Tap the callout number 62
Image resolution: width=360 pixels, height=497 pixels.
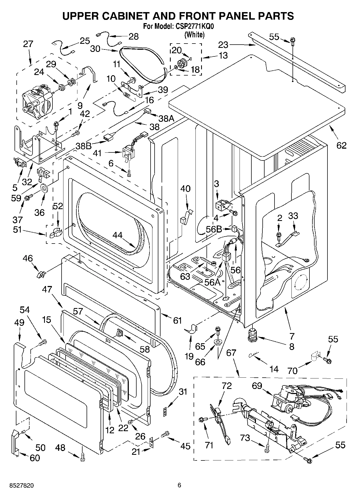[341, 145]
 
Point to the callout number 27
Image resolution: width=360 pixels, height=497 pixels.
[28, 44]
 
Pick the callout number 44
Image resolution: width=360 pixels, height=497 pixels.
[117, 235]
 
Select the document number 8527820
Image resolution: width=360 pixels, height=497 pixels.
[18, 485]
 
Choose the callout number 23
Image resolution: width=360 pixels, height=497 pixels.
[223, 44]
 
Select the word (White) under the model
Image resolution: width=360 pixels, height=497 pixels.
[194, 35]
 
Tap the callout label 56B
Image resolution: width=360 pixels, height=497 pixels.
[214, 229]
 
